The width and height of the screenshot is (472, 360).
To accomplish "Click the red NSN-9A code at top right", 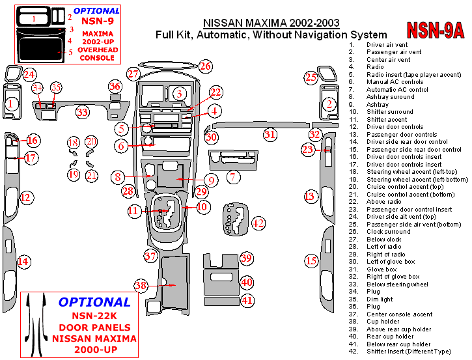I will [436, 30].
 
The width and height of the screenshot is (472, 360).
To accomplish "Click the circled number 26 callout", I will [206, 66].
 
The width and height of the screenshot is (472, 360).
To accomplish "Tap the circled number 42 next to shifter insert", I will [258, 223].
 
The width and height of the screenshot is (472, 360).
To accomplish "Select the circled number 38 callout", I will [141, 285].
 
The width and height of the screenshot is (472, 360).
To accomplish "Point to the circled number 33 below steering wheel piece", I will [82, 113].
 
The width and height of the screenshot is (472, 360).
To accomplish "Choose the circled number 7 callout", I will [231, 176].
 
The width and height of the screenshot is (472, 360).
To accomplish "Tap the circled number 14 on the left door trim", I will [23, 262].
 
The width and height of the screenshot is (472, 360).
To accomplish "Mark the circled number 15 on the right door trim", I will [311, 261].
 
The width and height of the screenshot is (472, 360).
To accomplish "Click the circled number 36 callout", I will [115, 87].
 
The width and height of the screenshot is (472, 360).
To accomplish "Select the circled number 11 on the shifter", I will [133, 210].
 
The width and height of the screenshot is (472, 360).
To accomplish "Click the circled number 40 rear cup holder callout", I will [247, 282].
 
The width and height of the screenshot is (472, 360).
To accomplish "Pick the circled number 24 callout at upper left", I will [29, 75].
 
